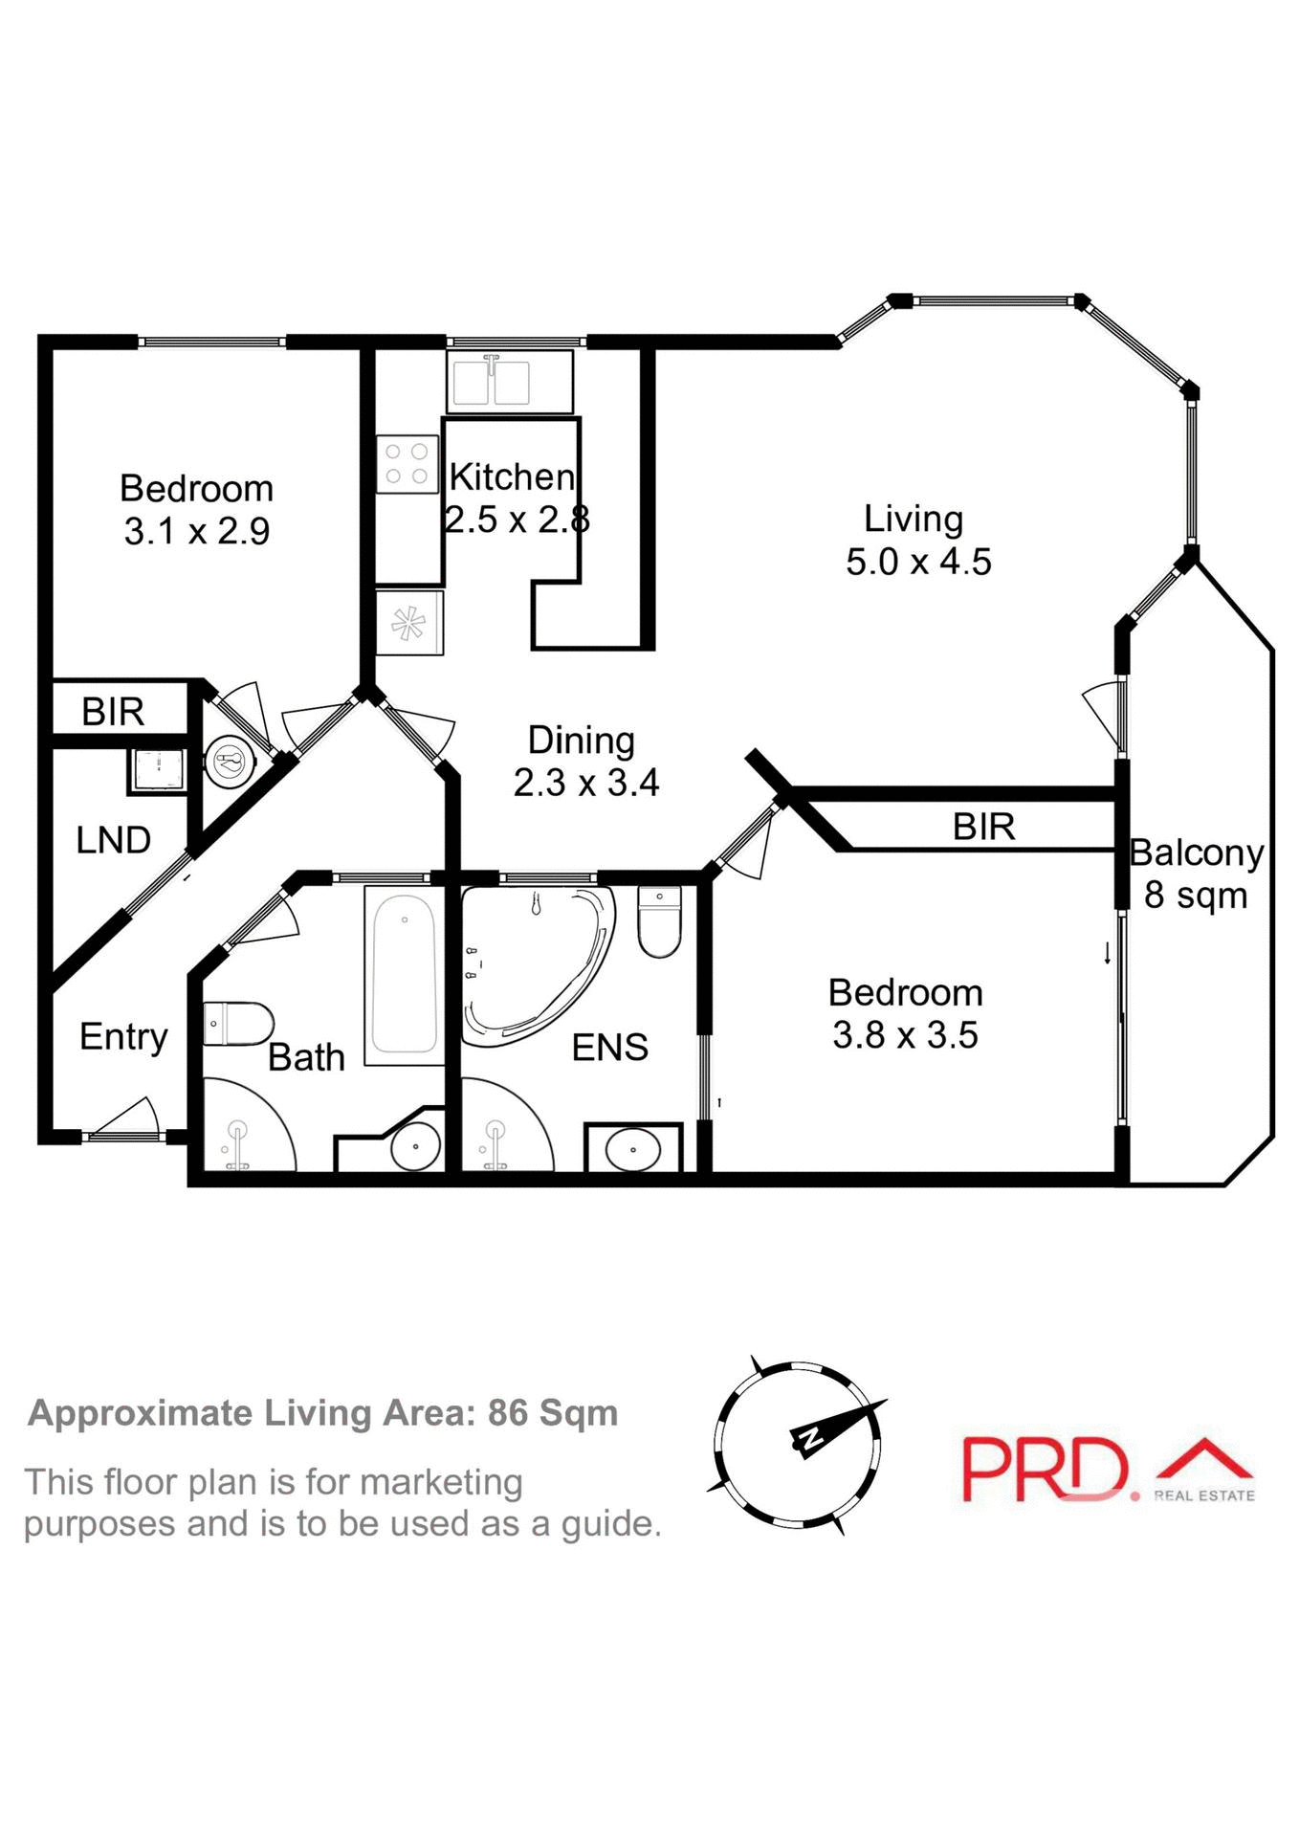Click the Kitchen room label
pyautogui.click(x=512, y=476)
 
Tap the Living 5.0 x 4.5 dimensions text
pyautogui.click(x=918, y=562)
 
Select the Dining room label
pyautogui.click(x=582, y=741)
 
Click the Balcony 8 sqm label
pyautogui.click(x=1196, y=874)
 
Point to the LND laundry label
pyautogui.click(x=113, y=840)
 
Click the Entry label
pyautogui.click(x=123, y=1036)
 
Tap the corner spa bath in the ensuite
pyautogui.click(x=536, y=962)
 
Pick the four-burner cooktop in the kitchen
pyautogui.click(x=407, y=464)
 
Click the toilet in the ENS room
pyautogui.click(x=659, y=922)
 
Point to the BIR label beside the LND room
pyautogui.click(x=113, y=712)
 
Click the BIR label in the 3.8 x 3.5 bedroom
pyautogui.click(x=983, y=827)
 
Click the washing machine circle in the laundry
pyautogui.click(x=231, y=762)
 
